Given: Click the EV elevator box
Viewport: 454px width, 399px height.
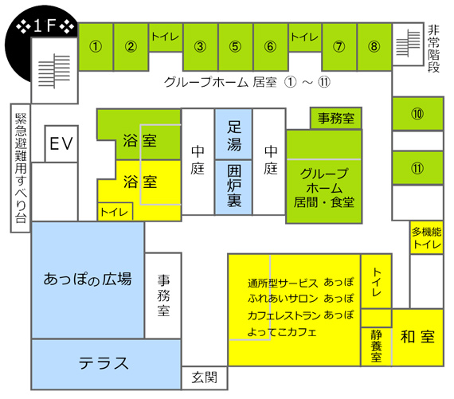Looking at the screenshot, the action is (x=61, y=143).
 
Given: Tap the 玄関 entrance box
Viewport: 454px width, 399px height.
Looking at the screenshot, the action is (x=205, y=377).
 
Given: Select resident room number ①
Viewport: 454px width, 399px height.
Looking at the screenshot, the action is (x=96, y=47).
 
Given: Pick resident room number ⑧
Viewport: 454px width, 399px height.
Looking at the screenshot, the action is (x=374, y=47).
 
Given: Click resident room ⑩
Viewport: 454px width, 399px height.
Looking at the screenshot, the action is (x=417, y=114).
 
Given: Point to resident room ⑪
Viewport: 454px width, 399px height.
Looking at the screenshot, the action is (x=417, y=168).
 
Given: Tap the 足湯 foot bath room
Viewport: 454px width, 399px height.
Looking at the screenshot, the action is (x=233, y=134).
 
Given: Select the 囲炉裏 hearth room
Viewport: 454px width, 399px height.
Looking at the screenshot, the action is (x=233, y=187).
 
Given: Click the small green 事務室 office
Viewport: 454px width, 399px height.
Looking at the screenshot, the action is (x=336, y=118).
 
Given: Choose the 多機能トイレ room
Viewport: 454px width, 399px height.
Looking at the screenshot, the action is (x=426, y=237).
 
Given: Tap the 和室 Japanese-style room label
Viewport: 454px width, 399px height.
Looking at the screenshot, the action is (x=417, y=337).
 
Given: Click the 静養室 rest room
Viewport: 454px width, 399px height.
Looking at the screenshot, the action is (x=376, y=346).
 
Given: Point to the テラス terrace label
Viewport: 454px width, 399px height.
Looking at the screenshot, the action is (x=104, y=363).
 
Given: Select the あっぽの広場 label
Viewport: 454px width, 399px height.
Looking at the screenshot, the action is (x=88, y=279).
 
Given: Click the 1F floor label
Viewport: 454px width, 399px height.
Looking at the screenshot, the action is (x=45, y=26).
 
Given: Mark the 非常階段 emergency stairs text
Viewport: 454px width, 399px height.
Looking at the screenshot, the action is (x=434, y=49).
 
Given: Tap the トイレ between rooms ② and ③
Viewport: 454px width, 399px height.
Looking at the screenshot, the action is (x=166, y=37).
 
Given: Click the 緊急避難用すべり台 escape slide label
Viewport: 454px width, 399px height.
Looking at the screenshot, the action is (x=21, y=168).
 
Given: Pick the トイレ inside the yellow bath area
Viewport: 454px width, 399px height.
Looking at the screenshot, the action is (x=115, y=212).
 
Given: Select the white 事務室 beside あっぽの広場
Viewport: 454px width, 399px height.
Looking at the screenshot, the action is (x=163, y=295).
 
